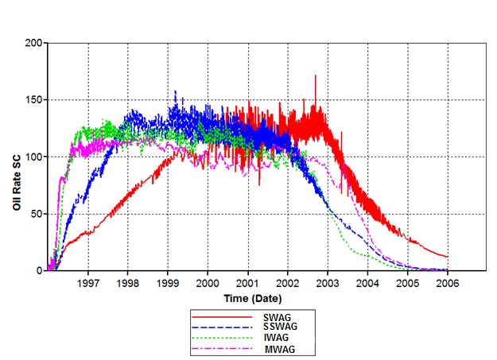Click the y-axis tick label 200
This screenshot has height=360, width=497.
tap(33, 42)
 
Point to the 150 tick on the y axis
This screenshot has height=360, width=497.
tap(33, 99)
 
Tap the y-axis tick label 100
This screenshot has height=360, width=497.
tap(33, 157)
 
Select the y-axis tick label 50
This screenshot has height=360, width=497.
tap(37, 214)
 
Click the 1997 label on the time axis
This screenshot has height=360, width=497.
tap(88, 282)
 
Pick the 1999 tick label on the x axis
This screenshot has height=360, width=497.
tap(168, 282)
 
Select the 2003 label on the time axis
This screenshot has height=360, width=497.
tap(328, 282)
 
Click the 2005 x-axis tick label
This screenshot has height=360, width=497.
tap(407, 282)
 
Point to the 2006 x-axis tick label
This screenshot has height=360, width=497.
tap(447, 282)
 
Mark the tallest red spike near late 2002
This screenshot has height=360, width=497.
tap(315, 76)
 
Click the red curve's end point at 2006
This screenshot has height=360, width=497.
tap(447, 257)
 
